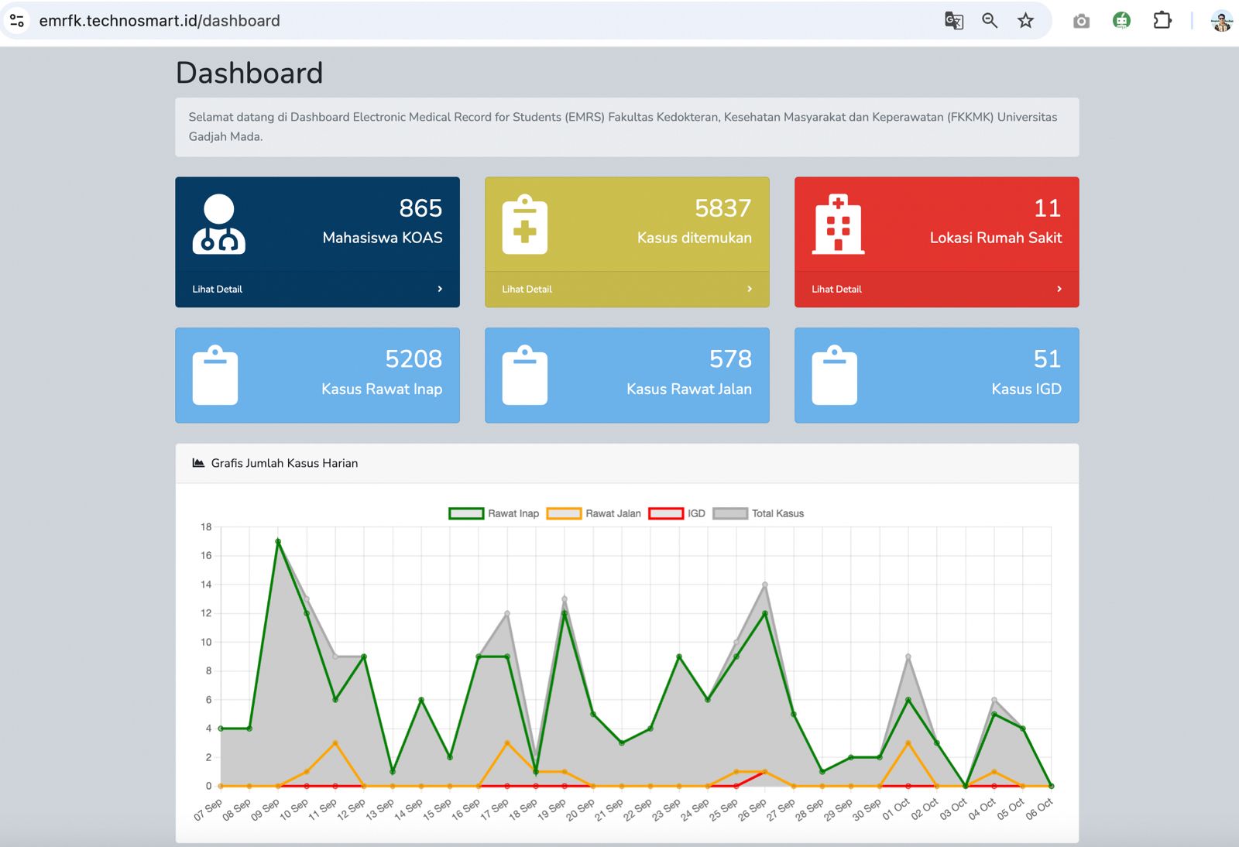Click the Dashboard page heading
[x=249, y=73]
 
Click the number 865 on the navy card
[x=420, y=208]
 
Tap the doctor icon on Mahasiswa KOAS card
[x=219, y=224]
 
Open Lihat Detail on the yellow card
[x=527, y=289]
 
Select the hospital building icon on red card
[x=838, y=224]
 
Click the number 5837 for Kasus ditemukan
[x=723, y=208]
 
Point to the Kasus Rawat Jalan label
[x=688, y=389]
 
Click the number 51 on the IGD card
[x=1047, y=359]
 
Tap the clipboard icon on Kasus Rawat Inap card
[x=215, y=375]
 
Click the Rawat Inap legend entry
[x=493, y=513]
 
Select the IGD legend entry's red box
[x=665, y=513]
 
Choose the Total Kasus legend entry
[x=758, y=513]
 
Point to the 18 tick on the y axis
[x=206, y=527]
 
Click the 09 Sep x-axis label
[x=266, y=809]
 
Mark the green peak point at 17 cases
[x=278, y=541]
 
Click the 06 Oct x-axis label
[x=1039, y=809]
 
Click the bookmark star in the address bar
[x=1025, y=21]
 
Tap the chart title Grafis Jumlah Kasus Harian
[x=284, y=463]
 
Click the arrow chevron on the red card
[x=1059, y=289]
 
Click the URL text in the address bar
[x=160, y=21]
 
